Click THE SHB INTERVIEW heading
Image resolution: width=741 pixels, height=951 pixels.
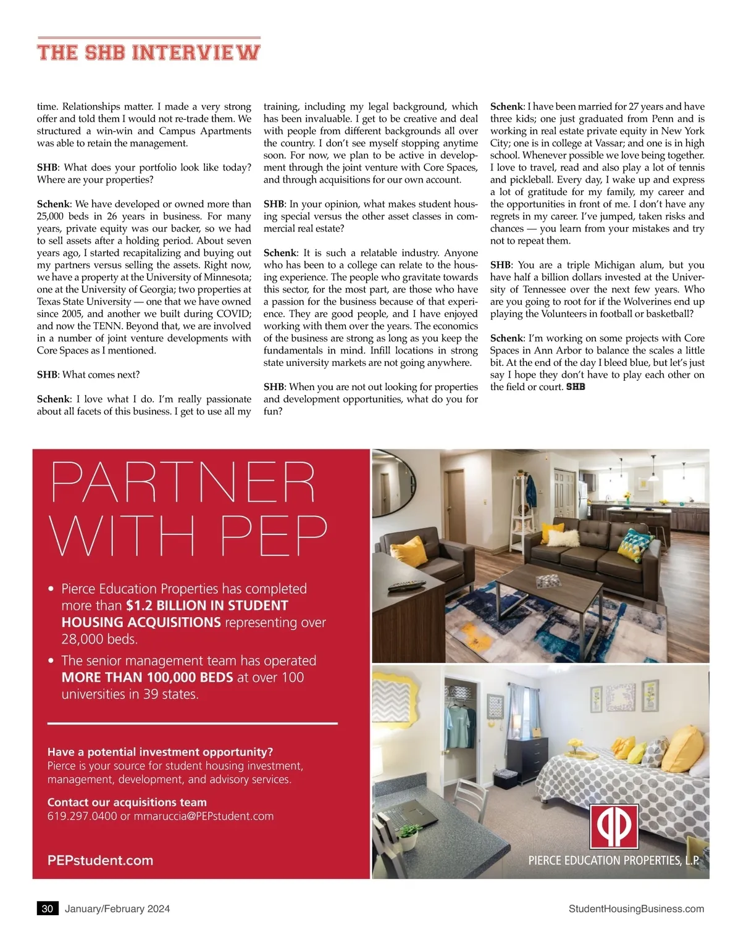pyautogui.click(x=148, y=52)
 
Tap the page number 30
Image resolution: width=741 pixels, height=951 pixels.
pyautogui.click(x=48, y=908)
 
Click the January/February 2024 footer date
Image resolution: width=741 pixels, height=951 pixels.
pyautogui.click(x=117, y=908)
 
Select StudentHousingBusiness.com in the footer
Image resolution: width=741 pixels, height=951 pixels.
pyautogui.click(x=636, y=908)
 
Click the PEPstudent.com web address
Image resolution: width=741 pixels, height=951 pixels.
pyautogui.click(x=100, y=860)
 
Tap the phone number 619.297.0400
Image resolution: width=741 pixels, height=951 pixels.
pyautogui.click(x=82, y=816)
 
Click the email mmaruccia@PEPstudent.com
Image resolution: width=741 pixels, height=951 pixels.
pyautogui.click(x=204, y=816)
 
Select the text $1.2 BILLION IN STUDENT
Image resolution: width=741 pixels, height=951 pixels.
pyautogui.click(x=207, y=605)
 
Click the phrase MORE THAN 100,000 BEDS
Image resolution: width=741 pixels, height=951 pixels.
pyautogui.click(x=147, y=677)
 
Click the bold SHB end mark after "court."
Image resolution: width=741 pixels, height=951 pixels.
pyautogui.click(x=576, y=387)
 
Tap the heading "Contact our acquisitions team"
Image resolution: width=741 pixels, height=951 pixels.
pyautogui.click(x=127, y=802)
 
